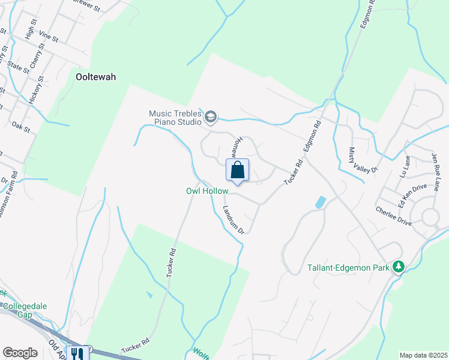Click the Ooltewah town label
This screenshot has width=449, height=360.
pyautogui.click(x=96, y=77)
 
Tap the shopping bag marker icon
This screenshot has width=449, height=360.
pyautogui.click(x=238, y=170)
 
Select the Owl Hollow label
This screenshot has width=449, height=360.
pyautogui.click(x=207, y=191)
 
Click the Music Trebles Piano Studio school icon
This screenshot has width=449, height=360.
pyautogui.click(x=210, y=117)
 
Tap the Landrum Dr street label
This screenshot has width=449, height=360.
pyautogui.click(x=234, y=220)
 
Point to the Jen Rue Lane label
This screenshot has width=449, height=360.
pyautogui.click(x=436, y=170)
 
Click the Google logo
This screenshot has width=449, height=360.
pyautogui.click(x=20, y=353)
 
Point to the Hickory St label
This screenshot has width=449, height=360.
pyautogui.click(x=35, y=91)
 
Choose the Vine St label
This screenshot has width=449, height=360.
pyautogui.click(x=48, y=38)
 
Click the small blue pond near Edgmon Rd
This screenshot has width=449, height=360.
pyautogui.click(x=321, y=202)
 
